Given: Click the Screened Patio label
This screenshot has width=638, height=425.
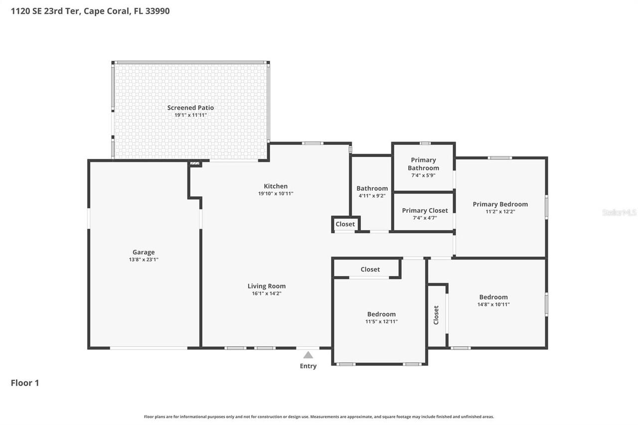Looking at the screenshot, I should coord(190,108).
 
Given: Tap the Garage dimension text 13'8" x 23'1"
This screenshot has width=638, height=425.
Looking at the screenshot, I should coord(143,260).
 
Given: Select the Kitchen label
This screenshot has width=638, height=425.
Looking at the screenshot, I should coord(276,186).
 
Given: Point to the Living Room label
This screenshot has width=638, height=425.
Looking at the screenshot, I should coord(267,286).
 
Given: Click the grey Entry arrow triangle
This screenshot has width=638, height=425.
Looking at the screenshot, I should coord(308,355).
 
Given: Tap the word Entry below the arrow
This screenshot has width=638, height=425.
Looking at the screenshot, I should coord(308,366).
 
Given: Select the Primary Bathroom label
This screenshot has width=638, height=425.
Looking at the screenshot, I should coord(423,164).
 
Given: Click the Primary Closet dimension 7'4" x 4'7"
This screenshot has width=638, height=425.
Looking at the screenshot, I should coord(424,218).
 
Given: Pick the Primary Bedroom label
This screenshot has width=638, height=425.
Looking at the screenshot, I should coord(500,204).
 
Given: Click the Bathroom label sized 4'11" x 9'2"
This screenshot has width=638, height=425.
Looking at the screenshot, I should coord(372,188).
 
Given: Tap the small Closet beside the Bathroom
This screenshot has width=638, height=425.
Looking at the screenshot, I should coord(345,224).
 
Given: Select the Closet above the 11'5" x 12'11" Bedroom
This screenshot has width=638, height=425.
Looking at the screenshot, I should coord(370,270).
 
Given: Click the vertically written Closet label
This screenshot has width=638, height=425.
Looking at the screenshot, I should coord(436,315).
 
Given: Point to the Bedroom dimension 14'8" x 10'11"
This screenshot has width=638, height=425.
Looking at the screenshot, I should coord(493,304).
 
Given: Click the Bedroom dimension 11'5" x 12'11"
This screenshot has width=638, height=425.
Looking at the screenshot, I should coord(381,321).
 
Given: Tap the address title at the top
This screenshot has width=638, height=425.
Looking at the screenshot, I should coord(90,11).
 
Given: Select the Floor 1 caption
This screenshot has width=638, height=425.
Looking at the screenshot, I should coord(25,383).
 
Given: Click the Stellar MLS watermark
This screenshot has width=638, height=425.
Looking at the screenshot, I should coord(619,212).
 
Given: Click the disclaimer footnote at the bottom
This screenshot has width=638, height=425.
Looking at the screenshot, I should coord(319,417).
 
